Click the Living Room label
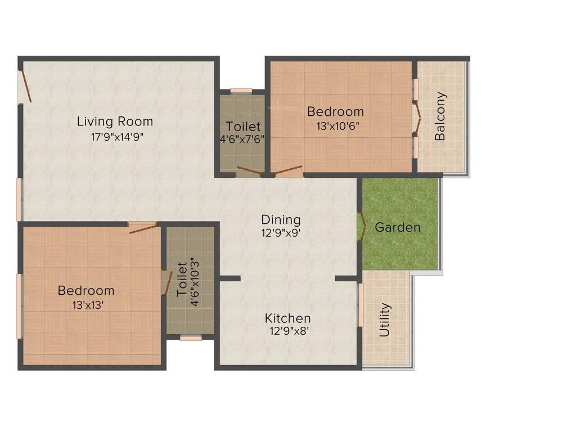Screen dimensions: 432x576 click(115, 121)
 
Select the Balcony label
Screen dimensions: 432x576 click(440, 116)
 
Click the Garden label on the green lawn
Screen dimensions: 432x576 click(398, 228)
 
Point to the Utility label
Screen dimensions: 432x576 click(385, 320)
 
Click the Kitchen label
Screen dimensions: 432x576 click(288, 319)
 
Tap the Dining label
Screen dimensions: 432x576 click(281, 219)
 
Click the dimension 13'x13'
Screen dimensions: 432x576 click(87, 305)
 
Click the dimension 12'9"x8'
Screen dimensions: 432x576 click(288, 332)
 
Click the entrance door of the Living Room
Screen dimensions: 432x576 click(25, 86)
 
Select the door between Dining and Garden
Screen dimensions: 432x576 click(361, 226)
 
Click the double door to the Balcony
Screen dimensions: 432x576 click(417, 118)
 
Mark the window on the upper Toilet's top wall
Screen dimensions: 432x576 click(241, 90)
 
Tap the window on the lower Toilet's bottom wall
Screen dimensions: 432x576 click(191, 338)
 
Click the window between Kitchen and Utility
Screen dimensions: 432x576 click(360, 304)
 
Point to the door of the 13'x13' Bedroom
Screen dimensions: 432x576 click(143, 227)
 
